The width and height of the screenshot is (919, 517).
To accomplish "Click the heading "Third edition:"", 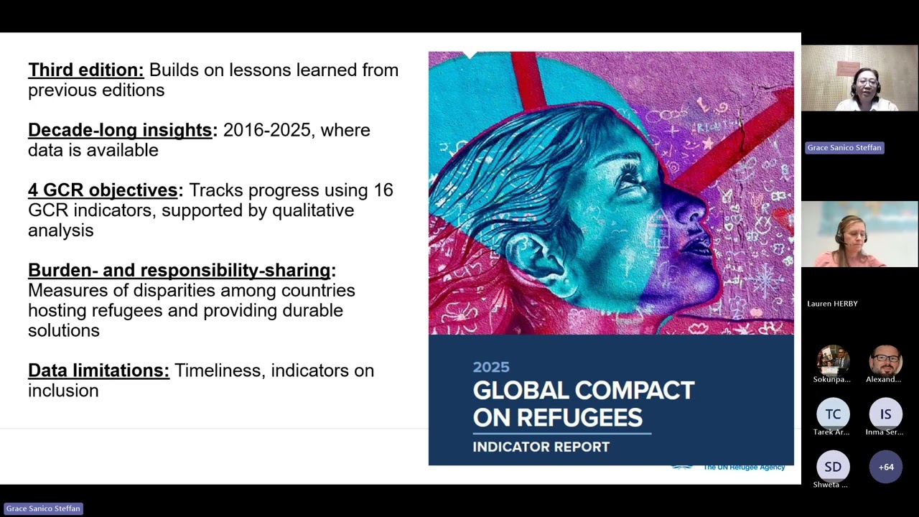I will [x=86, y=70].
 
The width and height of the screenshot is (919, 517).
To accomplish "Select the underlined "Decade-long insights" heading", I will [x=120, y=131].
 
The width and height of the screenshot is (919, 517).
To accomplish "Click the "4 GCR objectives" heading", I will [x=103, y=190].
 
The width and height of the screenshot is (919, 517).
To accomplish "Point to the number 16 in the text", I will [x=383, y=190].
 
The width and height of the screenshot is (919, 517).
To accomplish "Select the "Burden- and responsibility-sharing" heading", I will [x=179, y=271].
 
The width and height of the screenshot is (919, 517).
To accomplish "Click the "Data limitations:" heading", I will [x=98, y=371].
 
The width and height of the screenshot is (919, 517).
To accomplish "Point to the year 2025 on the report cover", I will [x=491, y=368].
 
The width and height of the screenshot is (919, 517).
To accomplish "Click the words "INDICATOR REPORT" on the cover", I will [x=541, y=447].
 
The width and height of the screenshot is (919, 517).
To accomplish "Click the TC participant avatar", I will [x=833, y=414].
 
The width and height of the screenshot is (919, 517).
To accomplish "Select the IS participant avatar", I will [x=885, y=414].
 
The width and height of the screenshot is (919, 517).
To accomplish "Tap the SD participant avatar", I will [x=833, y=467].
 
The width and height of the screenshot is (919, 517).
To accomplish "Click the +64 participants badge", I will [x=886, y=467].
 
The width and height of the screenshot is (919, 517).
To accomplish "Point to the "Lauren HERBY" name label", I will [x=832, y=304].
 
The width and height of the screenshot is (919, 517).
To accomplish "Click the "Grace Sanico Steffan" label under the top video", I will [x=844, y=148].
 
